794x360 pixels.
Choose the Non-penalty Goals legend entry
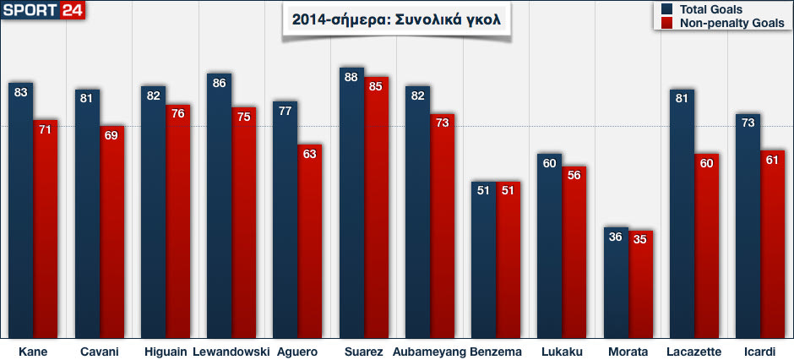coord(718,23)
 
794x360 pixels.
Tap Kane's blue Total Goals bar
coord(21,211)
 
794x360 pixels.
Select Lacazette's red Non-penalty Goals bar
coord(707,246)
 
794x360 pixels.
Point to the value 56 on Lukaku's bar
coord(574,177)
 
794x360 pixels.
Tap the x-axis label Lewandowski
coord(231,351)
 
